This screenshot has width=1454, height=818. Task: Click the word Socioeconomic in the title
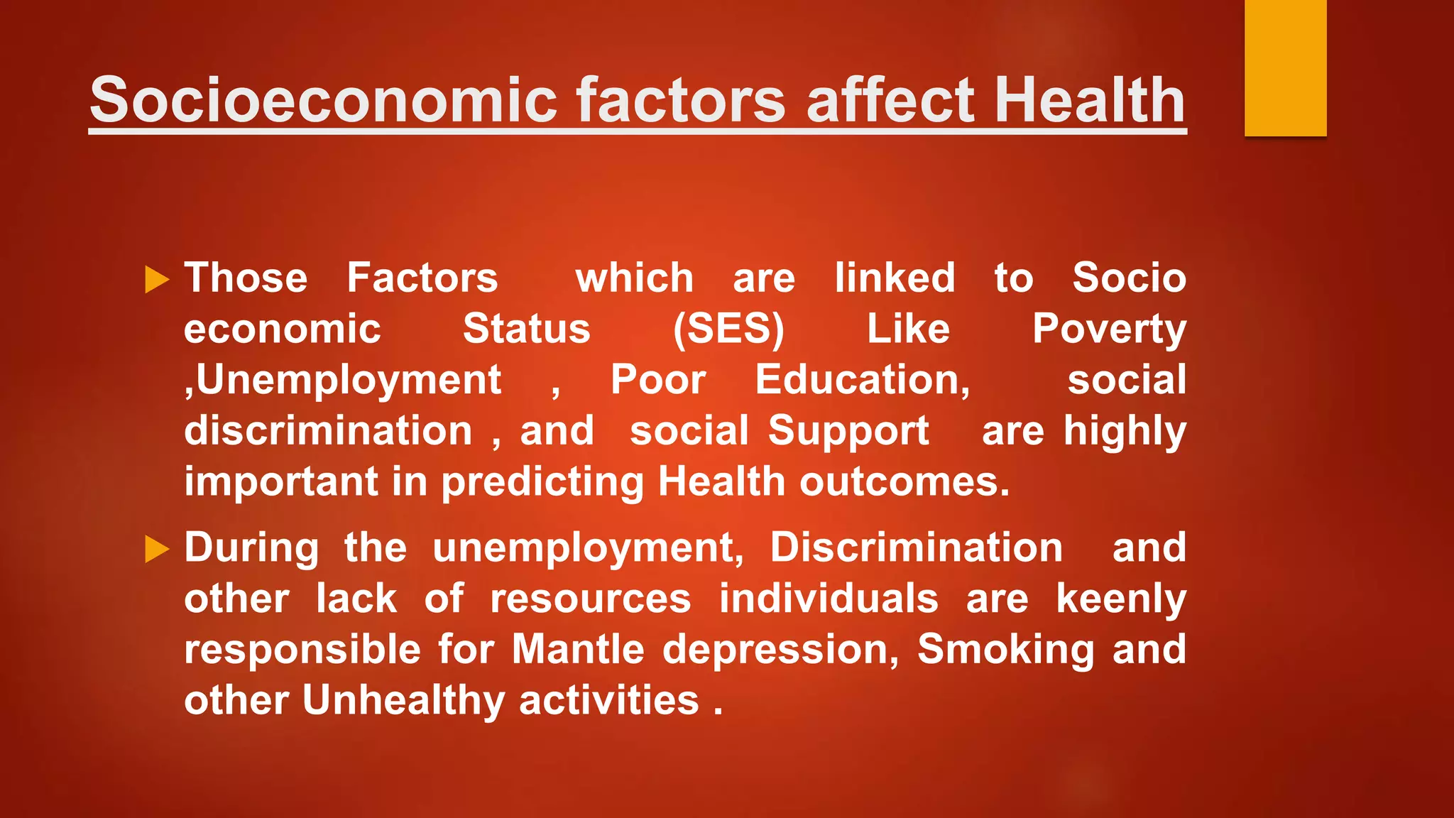[324, 100]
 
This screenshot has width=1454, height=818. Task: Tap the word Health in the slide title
[1090, 100]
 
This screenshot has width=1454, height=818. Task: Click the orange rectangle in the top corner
[1285, 67]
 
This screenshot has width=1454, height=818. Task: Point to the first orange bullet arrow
[157, 279]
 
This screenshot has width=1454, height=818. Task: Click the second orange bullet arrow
[157, 549]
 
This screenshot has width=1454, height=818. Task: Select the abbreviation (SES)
[728, 329]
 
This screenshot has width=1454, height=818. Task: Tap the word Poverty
[1109, 329]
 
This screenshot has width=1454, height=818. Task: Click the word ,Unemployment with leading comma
[343, 381]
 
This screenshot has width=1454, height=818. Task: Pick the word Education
[862, 380]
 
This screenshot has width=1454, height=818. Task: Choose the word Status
[526, 329]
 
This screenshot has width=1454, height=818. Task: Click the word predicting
[542, 483]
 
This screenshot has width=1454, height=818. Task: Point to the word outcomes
[904, 482]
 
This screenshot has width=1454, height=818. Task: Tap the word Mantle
[578, 650]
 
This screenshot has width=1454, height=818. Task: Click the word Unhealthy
[403, 701]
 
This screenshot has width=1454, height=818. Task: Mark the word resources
[591, 599]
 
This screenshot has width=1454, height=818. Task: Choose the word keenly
[1121, 599]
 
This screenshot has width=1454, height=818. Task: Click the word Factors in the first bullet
[422, 278]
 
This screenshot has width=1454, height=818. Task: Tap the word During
[251, 548]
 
